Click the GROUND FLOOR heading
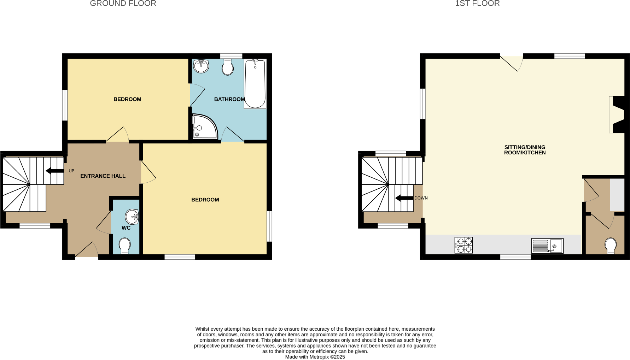pos(123,4)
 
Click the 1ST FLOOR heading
pos(477,4)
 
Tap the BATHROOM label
pos(229,99)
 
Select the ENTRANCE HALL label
pos(103,176)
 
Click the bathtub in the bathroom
pos(255,84)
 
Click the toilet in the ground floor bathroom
pos(228,67)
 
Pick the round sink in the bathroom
pos(201,66)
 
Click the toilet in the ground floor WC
pos(124,246)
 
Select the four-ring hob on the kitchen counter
pos(463,245)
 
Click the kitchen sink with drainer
pos(547,246)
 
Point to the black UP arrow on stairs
pos(54,171)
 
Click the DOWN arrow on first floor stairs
pos(404,198)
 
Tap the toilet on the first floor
pos(611,246)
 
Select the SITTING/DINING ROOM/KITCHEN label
pos(525,150)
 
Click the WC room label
pos(126,228)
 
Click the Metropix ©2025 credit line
pos(315,357)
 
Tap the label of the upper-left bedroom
pos(127,99)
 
